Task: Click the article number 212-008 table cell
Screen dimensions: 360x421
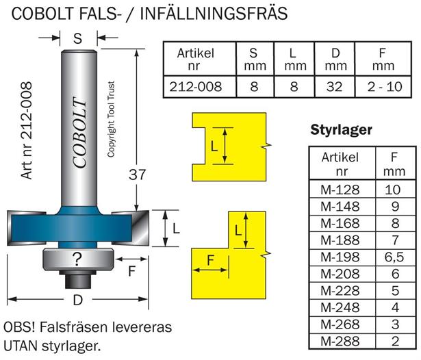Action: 195,88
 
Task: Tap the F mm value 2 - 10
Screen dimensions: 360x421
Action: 385,88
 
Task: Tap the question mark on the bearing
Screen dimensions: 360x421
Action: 77,258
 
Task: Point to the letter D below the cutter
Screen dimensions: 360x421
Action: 76,301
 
